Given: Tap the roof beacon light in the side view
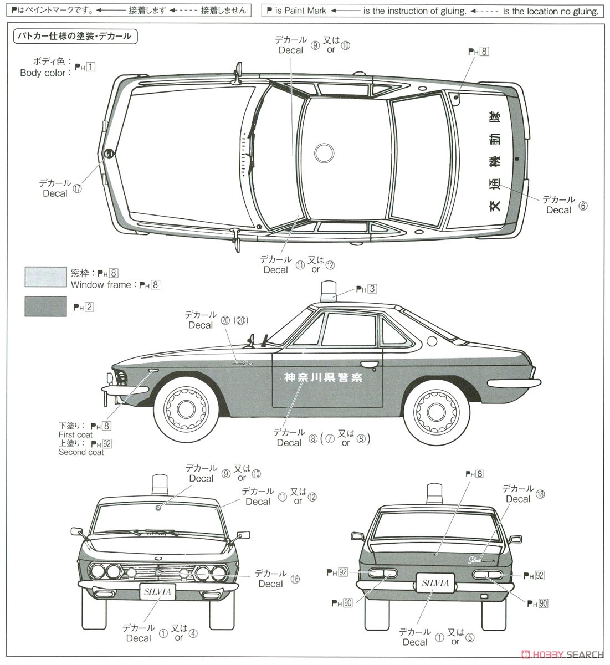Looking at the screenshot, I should (x=326, y=292).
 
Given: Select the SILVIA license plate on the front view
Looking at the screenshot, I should (x=157, y=591).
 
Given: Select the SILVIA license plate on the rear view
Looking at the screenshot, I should (x=435, y=584).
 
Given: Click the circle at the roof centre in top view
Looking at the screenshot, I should (x=324, y=152).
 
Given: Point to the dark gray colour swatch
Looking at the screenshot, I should (x=45, y=306).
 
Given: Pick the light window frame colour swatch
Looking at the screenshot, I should (x=45, y=277).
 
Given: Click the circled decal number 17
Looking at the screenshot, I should (x=77, y=188).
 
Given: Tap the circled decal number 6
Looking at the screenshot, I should (x=582, y=205).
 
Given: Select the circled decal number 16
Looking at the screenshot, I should (x=295, y=579).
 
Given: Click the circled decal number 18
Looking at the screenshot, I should (x=540, y=494).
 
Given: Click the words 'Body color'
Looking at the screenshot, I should (x=43, y=73).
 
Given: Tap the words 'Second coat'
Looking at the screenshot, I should (x=81, y=452).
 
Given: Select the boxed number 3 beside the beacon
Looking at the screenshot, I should (x=372, y=289).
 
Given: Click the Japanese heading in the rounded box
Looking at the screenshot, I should (x=74, y=37).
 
